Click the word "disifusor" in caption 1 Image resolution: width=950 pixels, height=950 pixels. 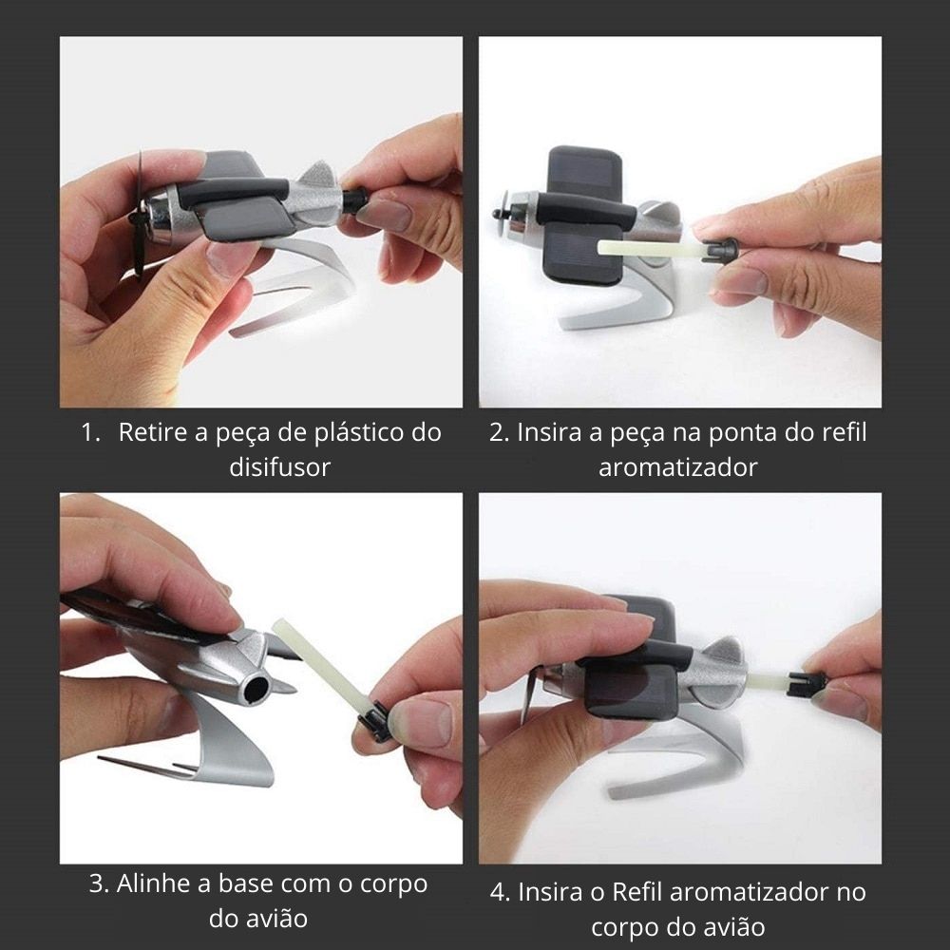pyautogui.click(x=280, y=467)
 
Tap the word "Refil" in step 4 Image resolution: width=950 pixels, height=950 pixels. pyautogui.click(x=638, y=892)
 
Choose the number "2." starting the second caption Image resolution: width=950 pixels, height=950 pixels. pyautogui.click(x=500, y=432)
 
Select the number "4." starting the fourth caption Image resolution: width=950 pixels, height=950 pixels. pyautogui.click(x=501, y=892)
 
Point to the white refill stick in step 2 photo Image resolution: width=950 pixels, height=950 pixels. pyautogui.click(x=650, y=247)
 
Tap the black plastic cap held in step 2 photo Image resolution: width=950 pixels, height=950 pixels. pyautogui.click(x=721, y=250)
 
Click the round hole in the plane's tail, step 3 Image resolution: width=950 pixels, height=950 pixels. pyautogui.click(x=255, y=688)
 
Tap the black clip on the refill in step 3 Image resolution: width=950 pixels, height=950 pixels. pyautogui.click(x=374, y=721)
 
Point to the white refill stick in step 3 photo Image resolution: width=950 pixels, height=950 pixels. pyautogui.click(x=318, y=666)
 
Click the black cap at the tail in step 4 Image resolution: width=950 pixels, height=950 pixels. pyautogui.click(x=804, y=683)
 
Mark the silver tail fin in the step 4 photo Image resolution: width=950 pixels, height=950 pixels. pyautogui.click(x=723, y=654)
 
